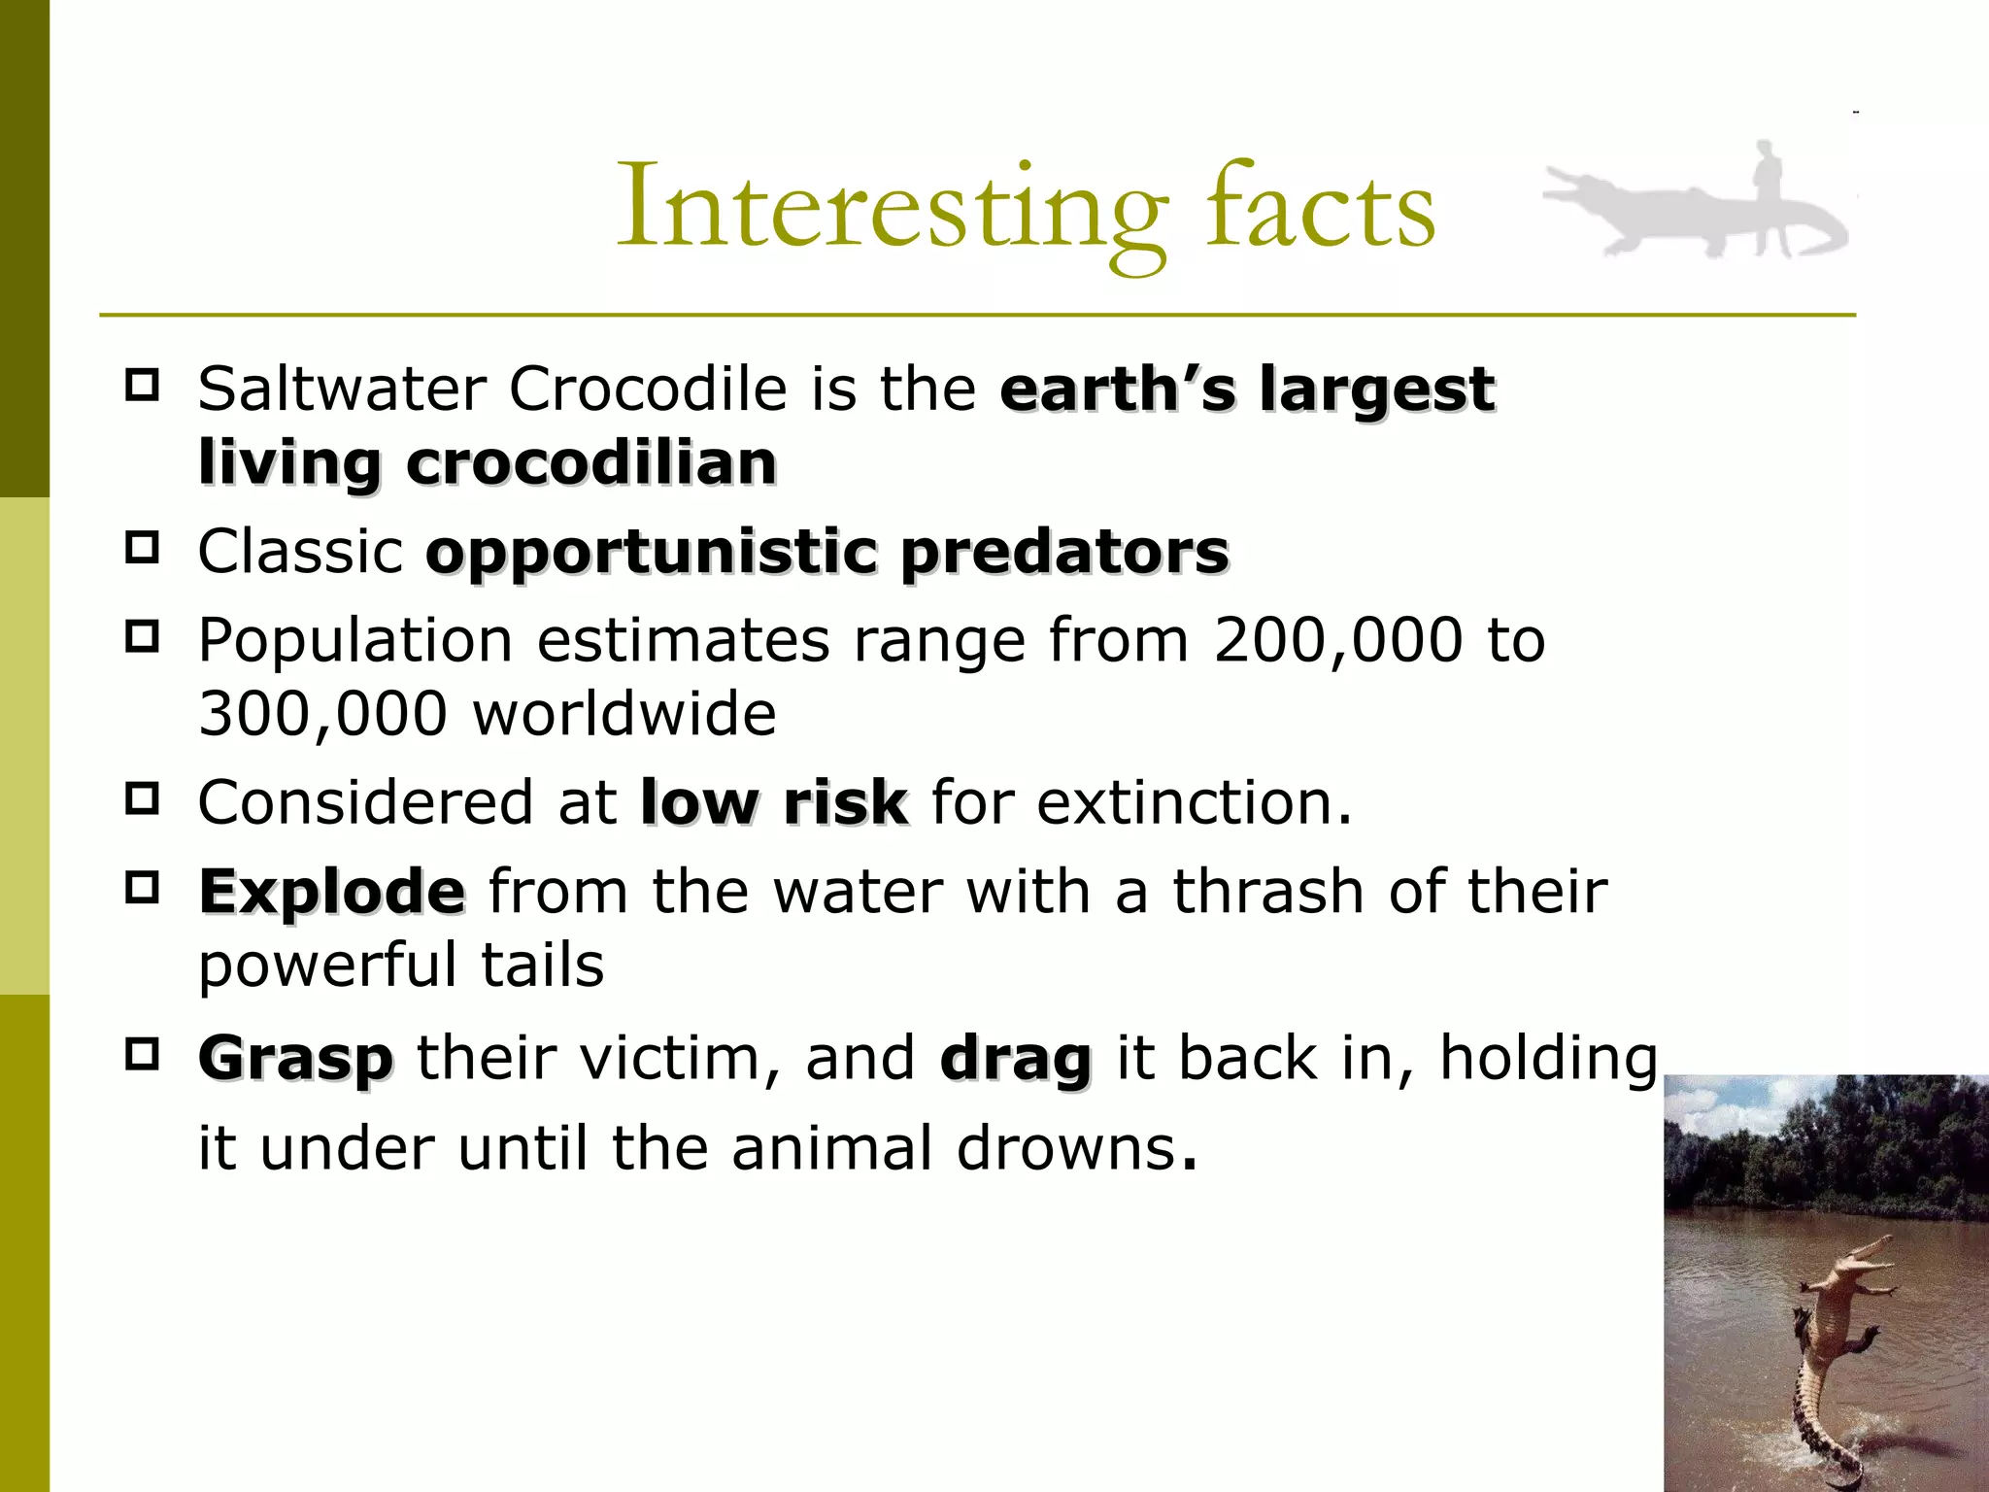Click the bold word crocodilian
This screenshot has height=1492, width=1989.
591,463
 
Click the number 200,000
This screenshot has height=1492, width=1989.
1337,641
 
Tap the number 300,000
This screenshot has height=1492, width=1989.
322,714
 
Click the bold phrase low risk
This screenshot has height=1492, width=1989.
774,803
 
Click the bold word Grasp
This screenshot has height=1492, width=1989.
296,1058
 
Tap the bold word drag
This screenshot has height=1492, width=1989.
1015,1058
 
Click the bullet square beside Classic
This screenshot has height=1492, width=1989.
142,548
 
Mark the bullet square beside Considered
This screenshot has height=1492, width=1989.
142,798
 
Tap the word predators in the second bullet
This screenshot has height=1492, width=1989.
1064,553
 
